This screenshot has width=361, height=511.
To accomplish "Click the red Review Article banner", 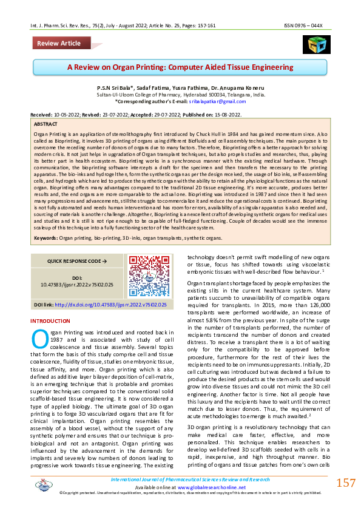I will (x=58, y=43).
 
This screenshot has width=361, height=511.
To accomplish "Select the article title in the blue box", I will (x=180, y=67).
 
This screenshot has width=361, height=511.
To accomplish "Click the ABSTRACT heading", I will (x=46, y=122).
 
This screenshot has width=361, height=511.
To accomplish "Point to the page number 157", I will (x=345, y=483).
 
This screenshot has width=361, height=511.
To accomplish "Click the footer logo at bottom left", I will (x=43, y=484).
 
